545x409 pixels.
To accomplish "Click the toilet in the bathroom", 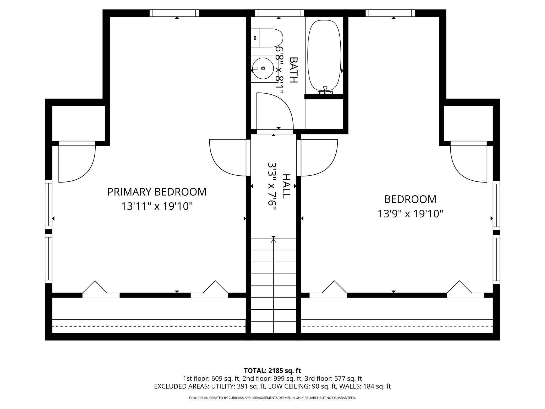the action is coord(267,38).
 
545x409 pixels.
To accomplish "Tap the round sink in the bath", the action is coord(263,68).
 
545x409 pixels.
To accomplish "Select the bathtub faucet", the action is coord(325,90).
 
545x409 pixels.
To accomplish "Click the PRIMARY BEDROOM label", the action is coord(157,192).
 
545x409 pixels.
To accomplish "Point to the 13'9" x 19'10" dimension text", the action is coord(410,214).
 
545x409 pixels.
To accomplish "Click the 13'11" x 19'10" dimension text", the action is coord(157,206).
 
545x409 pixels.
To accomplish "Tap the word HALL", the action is coord(286,186).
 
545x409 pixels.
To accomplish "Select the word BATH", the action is coord(294,70).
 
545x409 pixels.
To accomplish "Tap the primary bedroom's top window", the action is coord(174,13).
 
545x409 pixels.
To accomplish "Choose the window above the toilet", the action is coord(279,13).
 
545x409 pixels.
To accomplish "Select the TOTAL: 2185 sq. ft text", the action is coord(272,371).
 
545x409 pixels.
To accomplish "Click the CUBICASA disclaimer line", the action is coord(272,398).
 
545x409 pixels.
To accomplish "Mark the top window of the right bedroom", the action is coord(390,13).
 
